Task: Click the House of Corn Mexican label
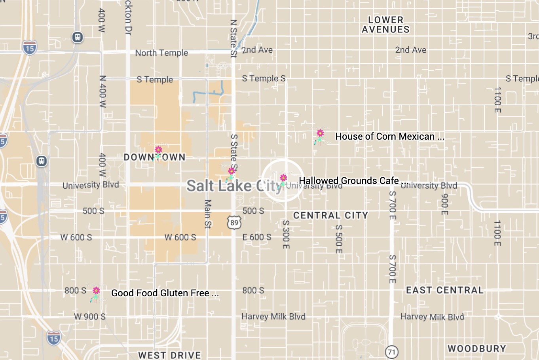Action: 389,136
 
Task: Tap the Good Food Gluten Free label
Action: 165,293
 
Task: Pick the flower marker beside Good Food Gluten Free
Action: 95,294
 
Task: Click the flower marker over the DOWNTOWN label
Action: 158,153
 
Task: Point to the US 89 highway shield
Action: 234,223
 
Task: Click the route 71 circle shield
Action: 391,351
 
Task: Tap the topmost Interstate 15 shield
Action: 30,47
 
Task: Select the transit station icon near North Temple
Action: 78,37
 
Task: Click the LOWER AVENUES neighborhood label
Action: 385,25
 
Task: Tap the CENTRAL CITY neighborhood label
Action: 330,216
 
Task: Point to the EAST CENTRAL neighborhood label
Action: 444,290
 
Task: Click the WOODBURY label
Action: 476,349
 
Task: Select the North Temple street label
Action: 161,53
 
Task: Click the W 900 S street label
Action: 90,316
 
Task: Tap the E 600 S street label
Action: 257,237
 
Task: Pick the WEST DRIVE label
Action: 169,355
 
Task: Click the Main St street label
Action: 208,214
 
